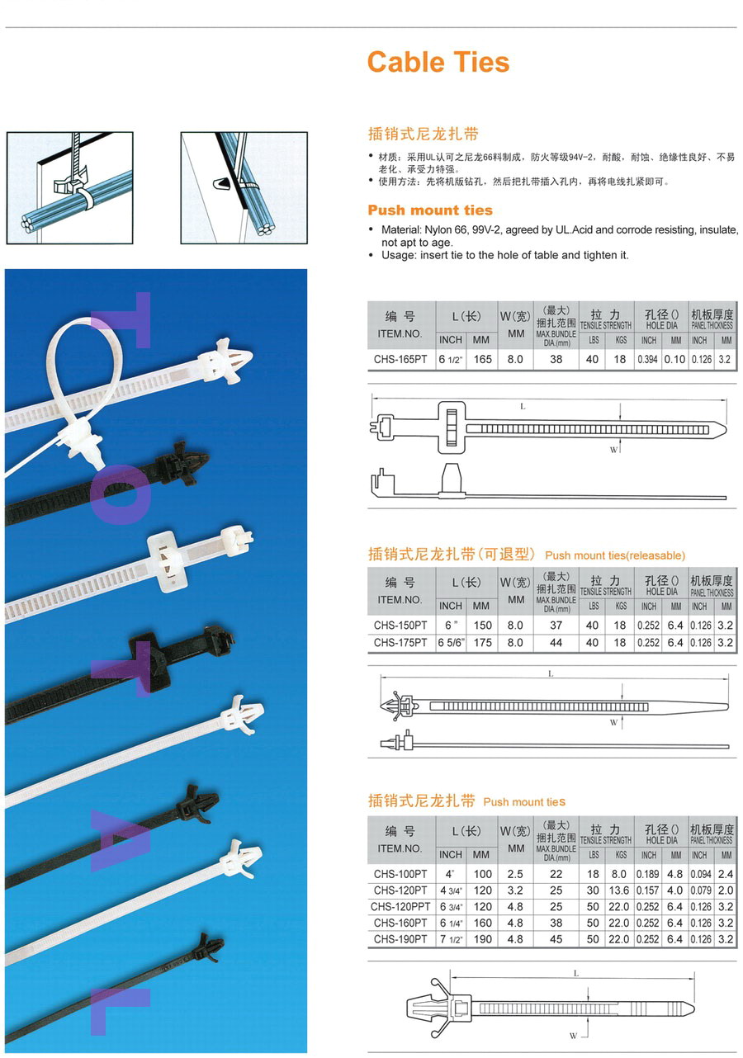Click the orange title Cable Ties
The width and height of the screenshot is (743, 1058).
click(x=438, y=63)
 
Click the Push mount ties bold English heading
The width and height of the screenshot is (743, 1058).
click(x=430, y=210)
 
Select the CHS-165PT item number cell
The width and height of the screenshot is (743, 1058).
click(x=400, y=360)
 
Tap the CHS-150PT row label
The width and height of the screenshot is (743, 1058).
click(x=400, y=626)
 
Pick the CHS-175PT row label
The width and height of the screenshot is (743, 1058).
click(x=400, y=643)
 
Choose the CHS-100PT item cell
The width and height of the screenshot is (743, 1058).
click(x=400, y=874)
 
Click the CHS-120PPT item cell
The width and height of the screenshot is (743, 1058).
click(x=400, y=907)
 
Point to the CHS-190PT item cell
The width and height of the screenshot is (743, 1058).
click(x=400, y=939)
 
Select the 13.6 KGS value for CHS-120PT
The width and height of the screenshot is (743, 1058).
click(x=619, y=890)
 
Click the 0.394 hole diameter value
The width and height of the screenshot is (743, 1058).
click(x=649, y=360)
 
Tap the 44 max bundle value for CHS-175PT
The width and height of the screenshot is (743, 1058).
click(x=556, y=643)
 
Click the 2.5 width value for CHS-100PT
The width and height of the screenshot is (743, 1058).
click(x=516, y=874)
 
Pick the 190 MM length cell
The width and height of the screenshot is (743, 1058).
click(x=482, y=939)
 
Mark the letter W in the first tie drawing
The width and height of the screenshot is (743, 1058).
click(x=613, y=450)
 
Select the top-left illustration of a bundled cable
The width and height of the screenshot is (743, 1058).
click(x=69, y=188)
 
